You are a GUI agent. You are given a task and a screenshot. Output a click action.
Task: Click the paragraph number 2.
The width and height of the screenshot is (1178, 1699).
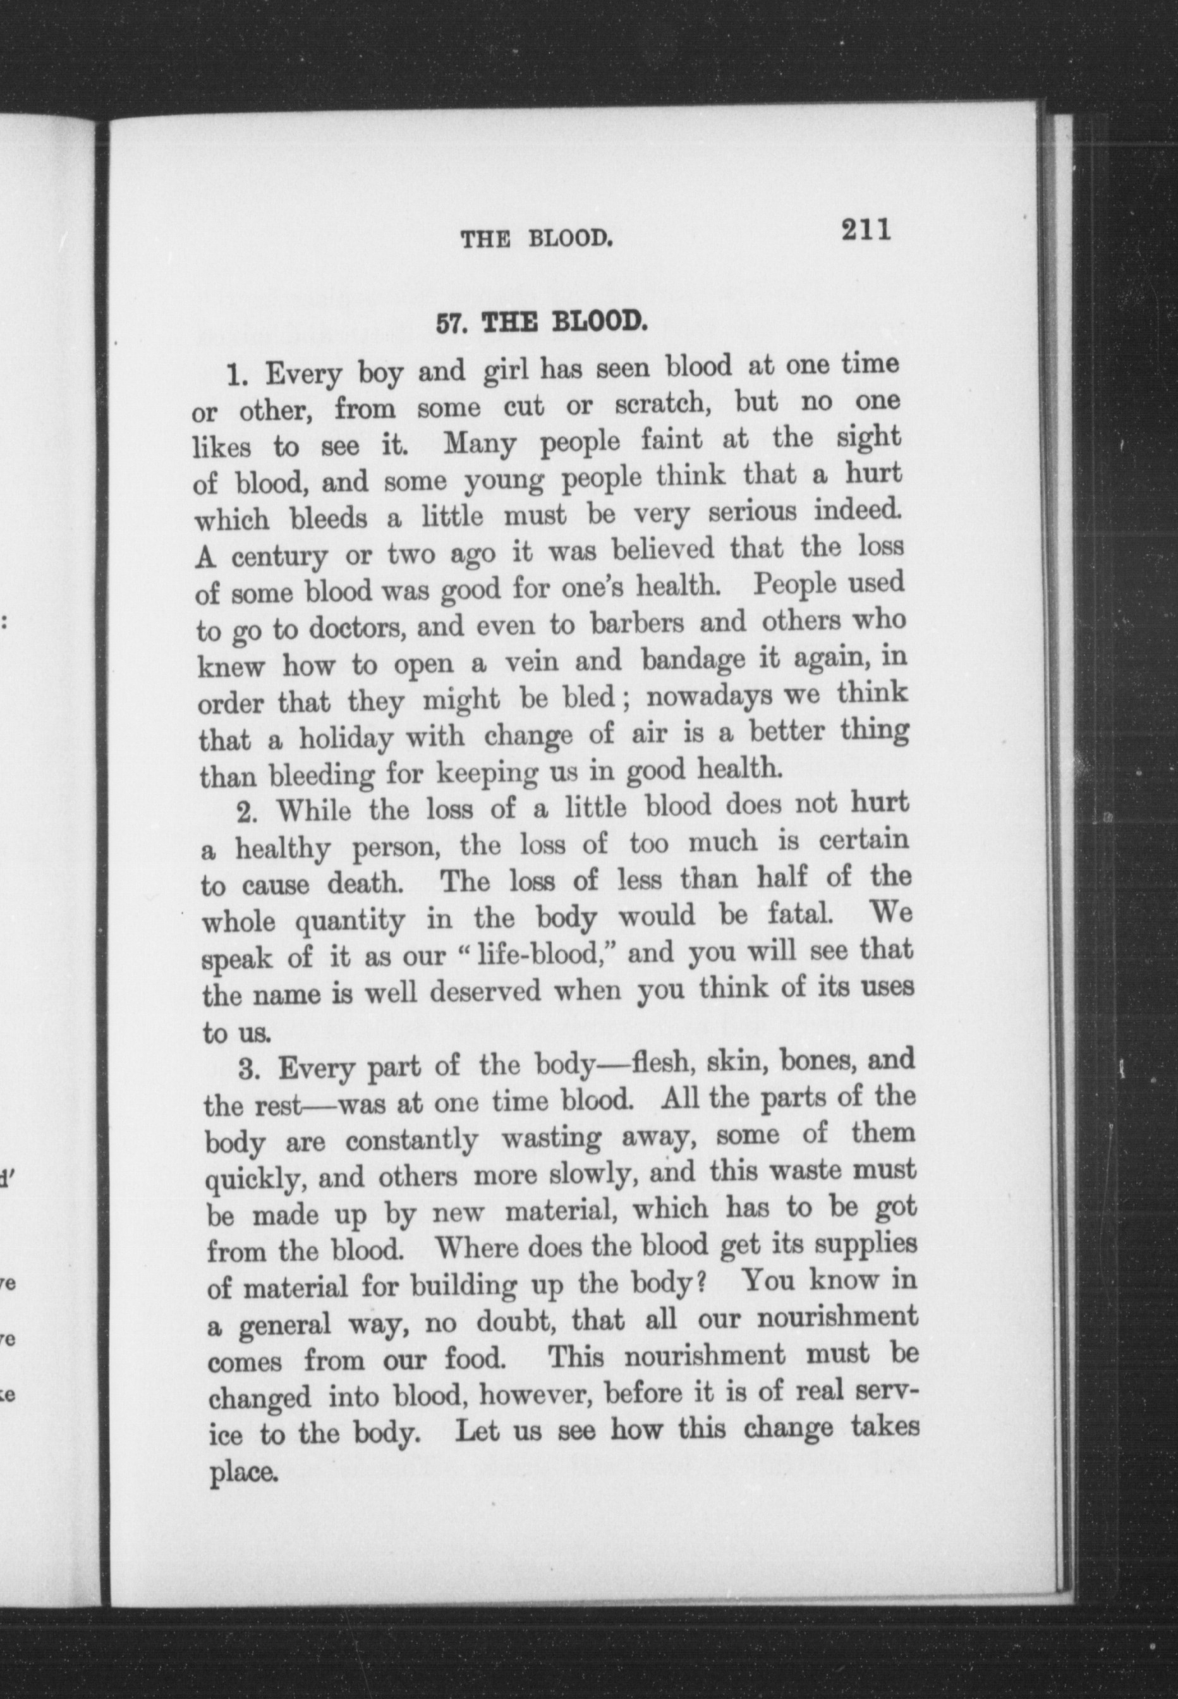(x=246, y=813)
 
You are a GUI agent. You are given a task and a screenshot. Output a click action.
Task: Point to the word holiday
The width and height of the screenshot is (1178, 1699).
(x=346, y=738)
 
